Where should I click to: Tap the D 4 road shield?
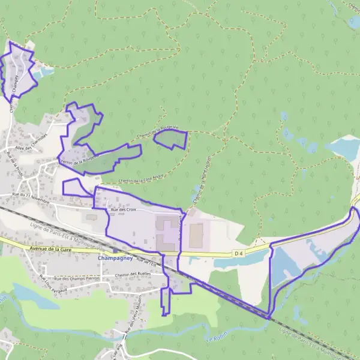click(239, 254)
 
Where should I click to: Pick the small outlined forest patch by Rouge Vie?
click(170, 140)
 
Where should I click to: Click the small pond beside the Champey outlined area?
click(45, 73)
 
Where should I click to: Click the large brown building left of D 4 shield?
click(196, 236)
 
